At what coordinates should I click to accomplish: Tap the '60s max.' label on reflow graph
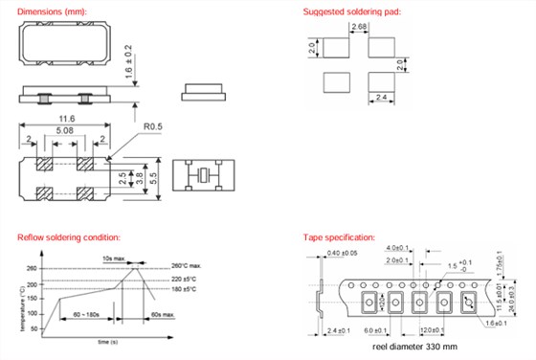tap(161, 312)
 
